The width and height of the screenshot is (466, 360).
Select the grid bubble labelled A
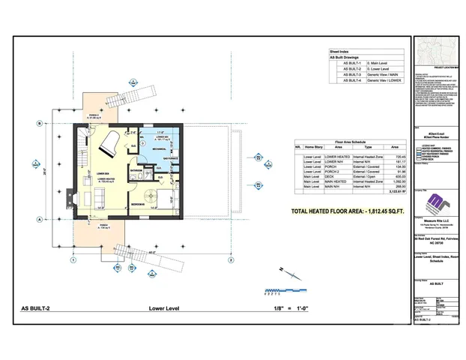point(38,219)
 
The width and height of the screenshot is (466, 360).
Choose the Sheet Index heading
point(340,51)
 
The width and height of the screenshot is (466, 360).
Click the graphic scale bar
point(280,289)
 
